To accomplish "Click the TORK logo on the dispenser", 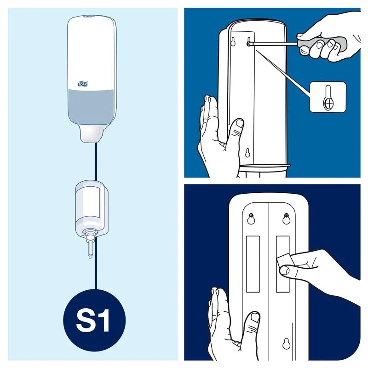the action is pyautogui.click(x=83, y=84).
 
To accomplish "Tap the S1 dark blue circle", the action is pyautogui.click(x=94, y=320).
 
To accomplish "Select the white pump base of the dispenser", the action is pyautogui.click(x=91, y=133).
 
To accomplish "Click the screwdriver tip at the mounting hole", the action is pyautogui.click(x=249, y=43).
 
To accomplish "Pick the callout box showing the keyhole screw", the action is pyautogui.click(x=328, y=97).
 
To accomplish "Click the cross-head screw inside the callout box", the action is pyautogui.click(x=329, y=103).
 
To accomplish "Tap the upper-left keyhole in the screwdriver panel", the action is pyautogui.click(x=233, y=41).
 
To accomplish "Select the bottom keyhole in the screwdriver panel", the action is pyautogui.click(x=247, y=153).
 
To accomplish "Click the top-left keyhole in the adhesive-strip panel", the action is pyautogui.click(x=251, y=218).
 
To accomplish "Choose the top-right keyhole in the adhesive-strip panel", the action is pyautogui.click(x=286, y=218).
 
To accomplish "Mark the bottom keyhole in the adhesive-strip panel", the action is pyautogui.click(x=287, y=344).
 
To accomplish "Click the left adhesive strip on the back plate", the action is pyautogui.click(x=253, y=264).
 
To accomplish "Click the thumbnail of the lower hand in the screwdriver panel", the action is pyautogui.click(x=240, y=124).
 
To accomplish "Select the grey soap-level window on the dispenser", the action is pyautogui.click(x=91, y=105).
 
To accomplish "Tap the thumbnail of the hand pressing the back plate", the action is pyautogui.click(x=255, y=318).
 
